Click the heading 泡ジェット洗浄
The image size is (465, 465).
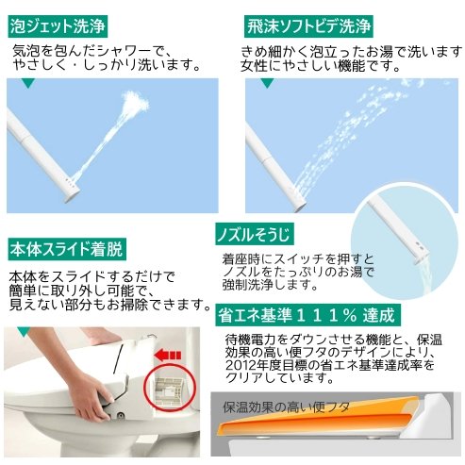tap(58, 26)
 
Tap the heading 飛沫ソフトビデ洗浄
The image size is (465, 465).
tap(308, 26)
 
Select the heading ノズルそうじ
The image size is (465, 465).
tap(255, 234)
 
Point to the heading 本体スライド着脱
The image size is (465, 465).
tap(67, 249)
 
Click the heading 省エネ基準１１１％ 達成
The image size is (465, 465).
tap(308, 315)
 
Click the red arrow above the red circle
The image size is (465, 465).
tap(168, 356)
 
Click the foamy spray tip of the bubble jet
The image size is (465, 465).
tap(135, 101)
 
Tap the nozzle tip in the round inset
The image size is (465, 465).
tap(421, 257)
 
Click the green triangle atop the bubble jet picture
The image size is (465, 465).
tap(28, 83)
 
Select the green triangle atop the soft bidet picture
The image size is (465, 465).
tap(267, 83)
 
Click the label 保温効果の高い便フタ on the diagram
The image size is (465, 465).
tap(287, 407)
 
